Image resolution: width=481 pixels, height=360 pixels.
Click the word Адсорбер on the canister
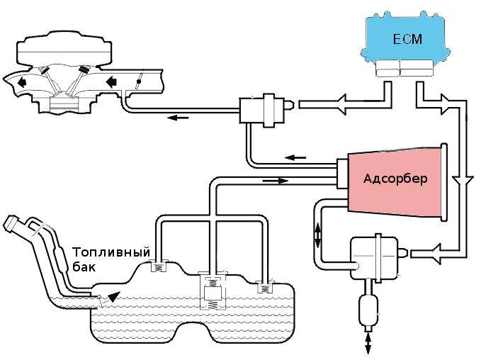point(395,178)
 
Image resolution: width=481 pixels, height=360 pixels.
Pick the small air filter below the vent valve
point(369,309)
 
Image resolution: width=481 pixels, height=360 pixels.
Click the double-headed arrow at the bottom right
point(369,343)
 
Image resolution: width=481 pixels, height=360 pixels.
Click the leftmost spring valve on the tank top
point(159,266)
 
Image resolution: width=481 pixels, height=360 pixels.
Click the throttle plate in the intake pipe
point(140,81)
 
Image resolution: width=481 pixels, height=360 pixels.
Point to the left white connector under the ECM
point(387,68)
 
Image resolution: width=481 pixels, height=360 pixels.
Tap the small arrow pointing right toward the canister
point(279,180)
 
